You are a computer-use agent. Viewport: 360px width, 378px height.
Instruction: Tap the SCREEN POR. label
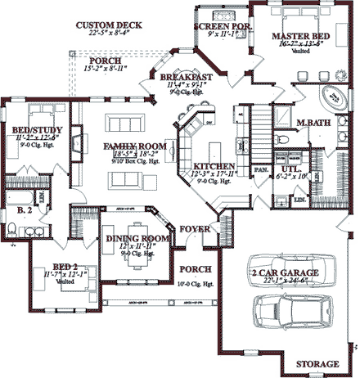[x=222, y=26]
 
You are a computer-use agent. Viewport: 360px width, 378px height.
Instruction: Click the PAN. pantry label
[x=263, y=169]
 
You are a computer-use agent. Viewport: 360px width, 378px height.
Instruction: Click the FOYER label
[x=196, y=230]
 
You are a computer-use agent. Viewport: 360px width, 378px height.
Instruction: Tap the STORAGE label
[x=317, y=363]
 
